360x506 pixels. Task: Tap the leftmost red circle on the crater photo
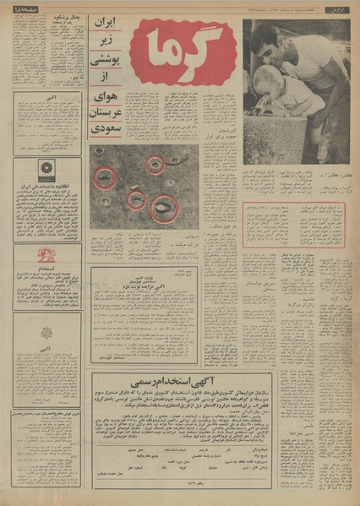click(105, 177)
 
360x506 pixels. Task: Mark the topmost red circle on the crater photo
click(154, 164)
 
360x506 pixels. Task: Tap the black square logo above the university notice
click(46, 171)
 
